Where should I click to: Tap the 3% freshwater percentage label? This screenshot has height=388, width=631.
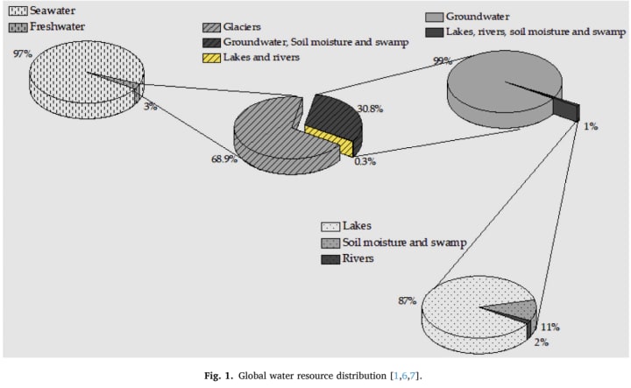coord(150,105)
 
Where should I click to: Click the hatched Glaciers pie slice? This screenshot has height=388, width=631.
coord(272,131)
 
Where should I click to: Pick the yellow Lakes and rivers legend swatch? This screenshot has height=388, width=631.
coord(209,56)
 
